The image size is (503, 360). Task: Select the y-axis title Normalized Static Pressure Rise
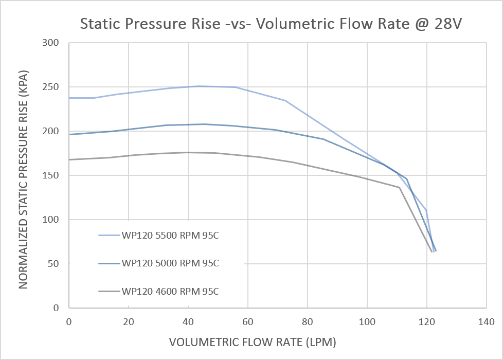(24, 176)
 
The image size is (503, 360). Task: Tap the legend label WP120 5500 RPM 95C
(171, 236)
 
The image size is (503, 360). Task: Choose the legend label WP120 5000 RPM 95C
(171, 263)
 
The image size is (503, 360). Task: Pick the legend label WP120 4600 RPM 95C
(171, 292)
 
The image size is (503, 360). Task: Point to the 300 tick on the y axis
(53, 43)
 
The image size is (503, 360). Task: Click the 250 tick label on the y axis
(53, 87)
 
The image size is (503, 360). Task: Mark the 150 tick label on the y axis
(53, 176)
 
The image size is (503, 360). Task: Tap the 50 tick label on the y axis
(56, 264)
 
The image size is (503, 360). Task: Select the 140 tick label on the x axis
(486, 321)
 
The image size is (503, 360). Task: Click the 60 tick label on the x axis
(248, 321)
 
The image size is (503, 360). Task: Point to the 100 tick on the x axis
(367, 321)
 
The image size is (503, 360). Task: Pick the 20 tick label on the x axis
(129, 321)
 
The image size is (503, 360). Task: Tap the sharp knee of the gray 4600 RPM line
(399, 187)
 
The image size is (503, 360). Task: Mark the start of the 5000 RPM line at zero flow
(70, 135)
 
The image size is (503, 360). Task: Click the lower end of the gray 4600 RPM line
(432, 251)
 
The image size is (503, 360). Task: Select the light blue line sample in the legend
(109, 236)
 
